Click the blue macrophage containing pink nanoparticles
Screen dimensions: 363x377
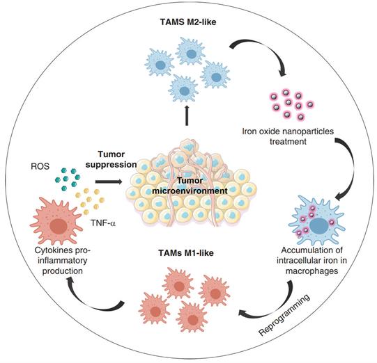tap(321, 222)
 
